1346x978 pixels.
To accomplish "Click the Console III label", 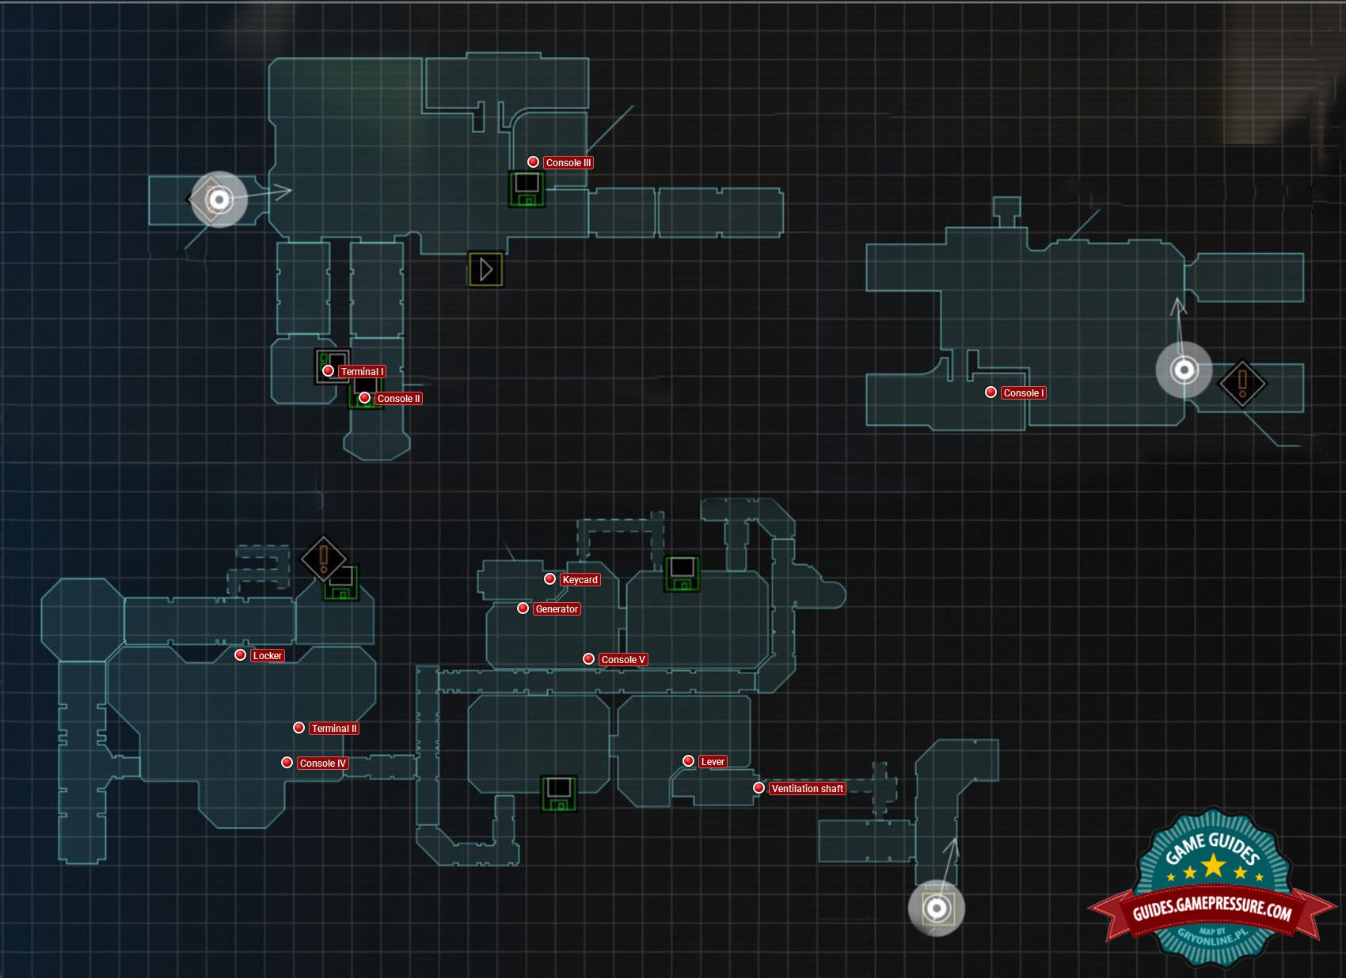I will tap(568, 163).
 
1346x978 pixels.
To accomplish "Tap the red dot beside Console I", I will tap(990, 392).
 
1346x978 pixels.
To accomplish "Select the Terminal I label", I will tap(362, 372).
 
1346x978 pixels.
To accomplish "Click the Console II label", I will tap(398, 399).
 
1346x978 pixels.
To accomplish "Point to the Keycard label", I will tap(580, 580).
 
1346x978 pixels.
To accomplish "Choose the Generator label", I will tap(557, 609).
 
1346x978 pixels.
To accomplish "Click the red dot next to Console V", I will tap(588, 659).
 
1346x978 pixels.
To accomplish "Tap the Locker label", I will tap(267, 656).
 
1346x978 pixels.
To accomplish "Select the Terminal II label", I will tap(334, 729).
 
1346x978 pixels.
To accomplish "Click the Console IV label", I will tap(322, 764).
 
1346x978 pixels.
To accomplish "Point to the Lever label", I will tap(713, 762).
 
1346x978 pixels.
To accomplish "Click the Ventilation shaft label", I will tap(807, 789).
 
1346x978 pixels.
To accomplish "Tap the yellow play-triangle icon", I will tap(485, 270).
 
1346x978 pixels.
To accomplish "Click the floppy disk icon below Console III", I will tap(527, 189).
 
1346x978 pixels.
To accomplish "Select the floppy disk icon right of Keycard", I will tap(681, 574).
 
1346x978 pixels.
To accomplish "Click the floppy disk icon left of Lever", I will tap(559, 794).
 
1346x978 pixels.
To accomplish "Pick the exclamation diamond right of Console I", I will tap(1241, 384).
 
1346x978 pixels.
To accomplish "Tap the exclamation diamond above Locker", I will tap(323, 559).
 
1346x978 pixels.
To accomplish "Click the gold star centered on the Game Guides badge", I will tap(1213, 866).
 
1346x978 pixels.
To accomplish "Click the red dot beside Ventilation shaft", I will tap(759, 788).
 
